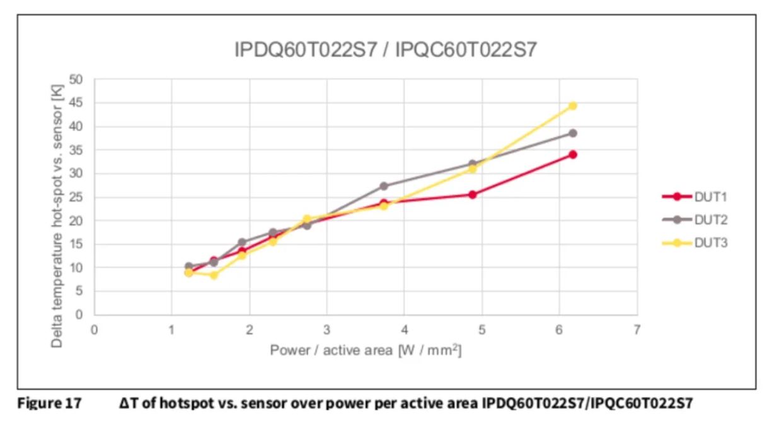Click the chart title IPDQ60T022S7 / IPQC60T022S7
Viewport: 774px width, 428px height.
385,50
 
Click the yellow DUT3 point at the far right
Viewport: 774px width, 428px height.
572,105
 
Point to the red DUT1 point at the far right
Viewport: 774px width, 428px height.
572,155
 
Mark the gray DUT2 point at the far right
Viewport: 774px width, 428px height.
572,133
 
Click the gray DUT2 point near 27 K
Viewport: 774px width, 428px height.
384,186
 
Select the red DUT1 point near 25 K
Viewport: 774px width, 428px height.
472,194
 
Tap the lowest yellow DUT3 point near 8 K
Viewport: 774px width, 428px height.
214,275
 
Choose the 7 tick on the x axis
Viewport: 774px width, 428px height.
637,329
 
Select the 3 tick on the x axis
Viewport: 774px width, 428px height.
326,329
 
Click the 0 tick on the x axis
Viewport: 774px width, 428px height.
94,329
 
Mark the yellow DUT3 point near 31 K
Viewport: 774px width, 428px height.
472,169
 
